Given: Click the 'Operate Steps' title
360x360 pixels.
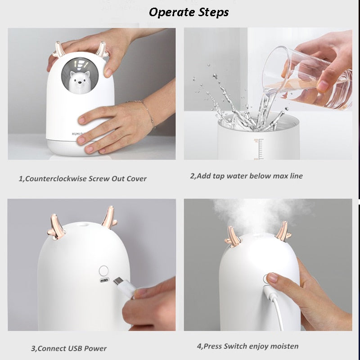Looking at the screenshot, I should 189,12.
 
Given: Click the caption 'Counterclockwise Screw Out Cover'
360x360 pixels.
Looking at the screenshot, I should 82,179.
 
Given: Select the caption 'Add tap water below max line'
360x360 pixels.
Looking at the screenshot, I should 246,176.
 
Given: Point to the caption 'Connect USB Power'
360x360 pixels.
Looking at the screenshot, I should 69,348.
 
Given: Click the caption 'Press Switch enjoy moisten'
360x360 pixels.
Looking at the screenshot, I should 247,346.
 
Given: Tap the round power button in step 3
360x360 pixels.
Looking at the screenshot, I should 104,271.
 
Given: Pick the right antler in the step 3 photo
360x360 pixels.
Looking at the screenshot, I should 108,218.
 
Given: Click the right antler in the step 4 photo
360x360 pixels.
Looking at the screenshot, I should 283,231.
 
